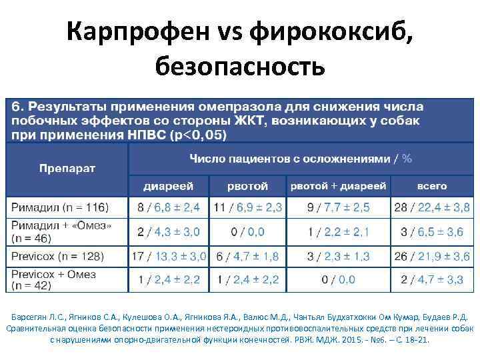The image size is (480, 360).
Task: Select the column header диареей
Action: (x=168, y=186)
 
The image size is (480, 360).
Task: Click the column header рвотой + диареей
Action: (x=338, y=186)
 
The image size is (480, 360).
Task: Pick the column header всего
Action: (x=432, y=186)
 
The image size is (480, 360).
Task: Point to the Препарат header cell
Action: (x=67, y=167)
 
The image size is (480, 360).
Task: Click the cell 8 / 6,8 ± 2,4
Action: (x=169, y=207)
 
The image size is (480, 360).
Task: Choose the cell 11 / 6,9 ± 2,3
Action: (x=247, y=207)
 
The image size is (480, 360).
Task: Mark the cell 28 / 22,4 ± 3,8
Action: (x=431, y=207)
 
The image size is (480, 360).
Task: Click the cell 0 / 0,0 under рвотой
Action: (x=247, y=231)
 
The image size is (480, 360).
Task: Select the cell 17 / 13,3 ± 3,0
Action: (x=169, y=256)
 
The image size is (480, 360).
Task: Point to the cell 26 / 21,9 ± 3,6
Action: (x=431, y=256)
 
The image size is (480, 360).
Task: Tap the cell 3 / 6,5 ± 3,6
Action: (x=431, y=231)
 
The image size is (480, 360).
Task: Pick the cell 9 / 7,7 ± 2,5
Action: (x=338, y=207)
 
